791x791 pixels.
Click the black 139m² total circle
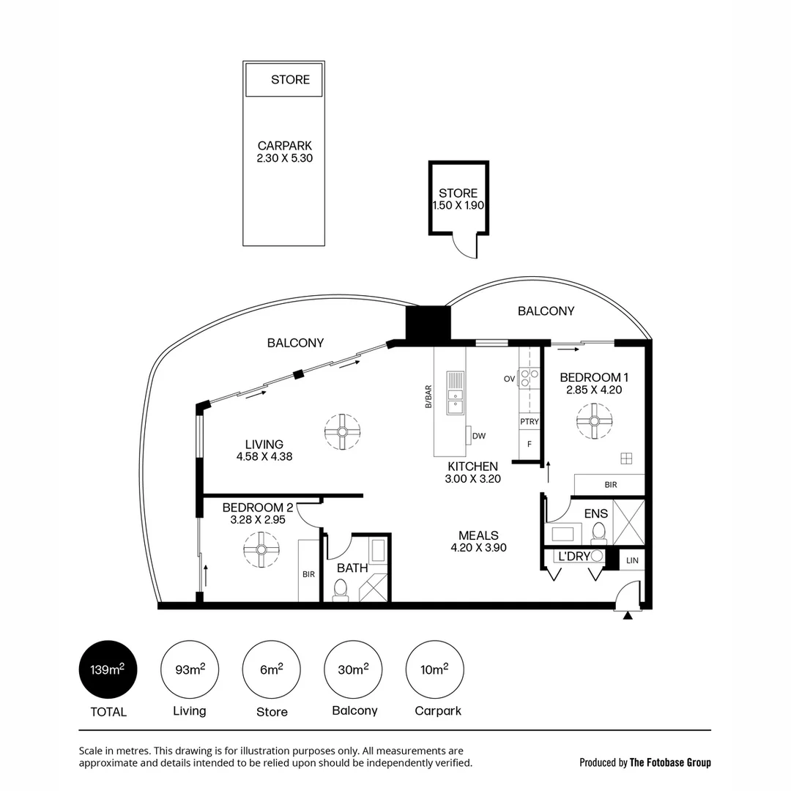(108, 669)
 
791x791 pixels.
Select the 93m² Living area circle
(189, 669)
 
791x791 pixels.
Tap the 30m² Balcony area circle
(353, 669)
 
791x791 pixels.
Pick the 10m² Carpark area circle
(434, 669)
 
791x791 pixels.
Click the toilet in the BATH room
(341, 589)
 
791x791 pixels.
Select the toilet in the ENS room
(598, 532)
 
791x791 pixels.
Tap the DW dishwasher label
(480, 437)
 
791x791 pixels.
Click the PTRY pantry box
(530, 422)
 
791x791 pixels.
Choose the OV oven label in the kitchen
(509, 379)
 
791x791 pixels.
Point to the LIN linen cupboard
(633, 560)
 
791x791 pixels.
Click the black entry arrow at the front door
(627, 616)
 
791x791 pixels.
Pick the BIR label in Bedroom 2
(308, 574)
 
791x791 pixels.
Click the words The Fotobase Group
(670, 762)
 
